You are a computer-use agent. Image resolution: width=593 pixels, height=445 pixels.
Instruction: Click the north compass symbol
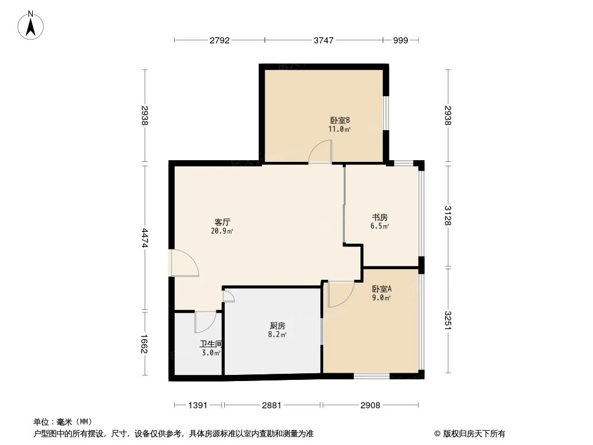[x=32, y=24]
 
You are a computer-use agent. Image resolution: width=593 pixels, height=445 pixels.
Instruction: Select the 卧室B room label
[x=339, y=120]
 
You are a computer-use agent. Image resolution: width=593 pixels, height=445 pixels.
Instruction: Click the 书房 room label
[x=380, y=217]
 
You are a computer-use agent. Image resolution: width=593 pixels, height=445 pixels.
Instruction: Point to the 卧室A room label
[x=382, y=289]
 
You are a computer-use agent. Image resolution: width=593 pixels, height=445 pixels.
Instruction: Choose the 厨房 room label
[x=277, y=326]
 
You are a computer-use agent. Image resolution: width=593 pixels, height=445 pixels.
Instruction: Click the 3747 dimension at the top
[x=324, y=40]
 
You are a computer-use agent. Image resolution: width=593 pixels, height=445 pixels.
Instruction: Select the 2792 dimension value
[x=220, y=40]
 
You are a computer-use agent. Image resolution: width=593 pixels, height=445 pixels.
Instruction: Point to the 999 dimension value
[x=401, y=40]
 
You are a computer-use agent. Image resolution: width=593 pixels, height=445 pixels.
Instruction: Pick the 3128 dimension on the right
[x=448, y=215]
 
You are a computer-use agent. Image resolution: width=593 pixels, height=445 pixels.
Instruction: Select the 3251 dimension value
[x=448, y=320]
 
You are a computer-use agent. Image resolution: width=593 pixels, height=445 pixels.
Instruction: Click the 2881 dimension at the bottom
[x=272, y=406]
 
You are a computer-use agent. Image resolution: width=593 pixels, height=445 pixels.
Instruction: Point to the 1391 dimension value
[x=198, y=406]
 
